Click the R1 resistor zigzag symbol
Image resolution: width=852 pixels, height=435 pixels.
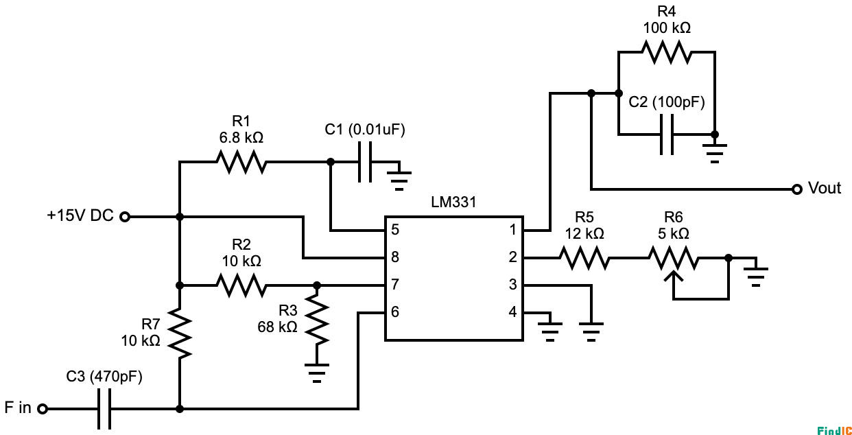(x=241, y=162)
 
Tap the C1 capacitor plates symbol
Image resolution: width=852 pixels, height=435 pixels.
(x=365, y=162)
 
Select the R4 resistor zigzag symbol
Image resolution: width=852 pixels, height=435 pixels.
(x=666, y=52)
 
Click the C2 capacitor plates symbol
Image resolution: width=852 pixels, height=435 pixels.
(x=666, y=134)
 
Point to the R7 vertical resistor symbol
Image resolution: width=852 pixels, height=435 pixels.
(x=179, y=333)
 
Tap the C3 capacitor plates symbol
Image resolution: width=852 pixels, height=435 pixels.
(x=104, y=409)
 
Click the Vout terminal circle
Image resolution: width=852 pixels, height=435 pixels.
(x=796, y=189)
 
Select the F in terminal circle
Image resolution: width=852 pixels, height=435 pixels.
(x=43, y=409)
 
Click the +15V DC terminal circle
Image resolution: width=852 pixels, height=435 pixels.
(x=125, y=217)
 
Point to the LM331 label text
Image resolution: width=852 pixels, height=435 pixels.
(x=453, y=203)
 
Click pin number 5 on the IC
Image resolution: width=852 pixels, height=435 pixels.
(x=395, y=230)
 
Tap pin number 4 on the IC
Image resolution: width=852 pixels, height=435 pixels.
(x=512, y=312)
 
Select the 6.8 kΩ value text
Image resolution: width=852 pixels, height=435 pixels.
(x=241, y=138)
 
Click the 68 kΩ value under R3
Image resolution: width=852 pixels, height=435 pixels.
(x=277, y=327)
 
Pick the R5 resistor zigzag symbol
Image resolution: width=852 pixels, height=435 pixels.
(x=584, y=258)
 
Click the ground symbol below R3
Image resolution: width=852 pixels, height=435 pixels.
(x=316, y=374)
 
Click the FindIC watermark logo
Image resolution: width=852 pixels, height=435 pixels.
(x=833, y=430)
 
